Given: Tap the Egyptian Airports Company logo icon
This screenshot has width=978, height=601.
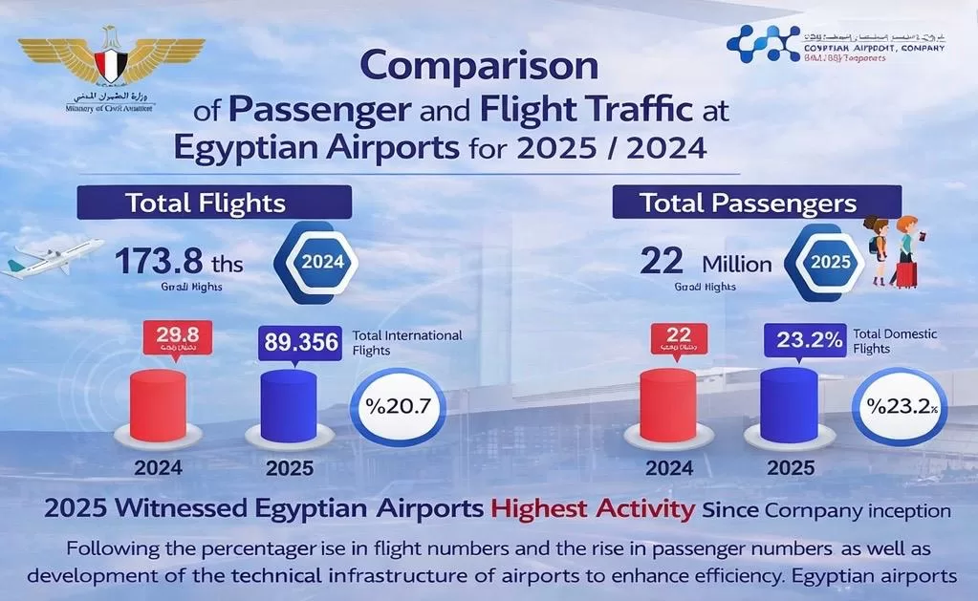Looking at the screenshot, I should point(762,44).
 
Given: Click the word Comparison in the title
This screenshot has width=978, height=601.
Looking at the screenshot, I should point(478,68).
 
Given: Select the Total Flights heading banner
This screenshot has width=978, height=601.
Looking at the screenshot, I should point(214,203).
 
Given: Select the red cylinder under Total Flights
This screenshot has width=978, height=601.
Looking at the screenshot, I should point(157,405).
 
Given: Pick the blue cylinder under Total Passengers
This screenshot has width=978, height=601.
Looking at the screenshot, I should point(789,405).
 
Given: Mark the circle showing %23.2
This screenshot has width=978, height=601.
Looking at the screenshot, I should point(900,405).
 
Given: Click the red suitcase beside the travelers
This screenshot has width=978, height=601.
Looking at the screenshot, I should point(904,274).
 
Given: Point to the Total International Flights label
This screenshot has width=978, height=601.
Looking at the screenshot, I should point(407,343).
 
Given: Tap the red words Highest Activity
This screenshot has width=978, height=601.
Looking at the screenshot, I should point(593,508).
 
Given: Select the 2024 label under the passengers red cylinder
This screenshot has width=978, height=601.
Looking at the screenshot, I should point(669,468).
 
